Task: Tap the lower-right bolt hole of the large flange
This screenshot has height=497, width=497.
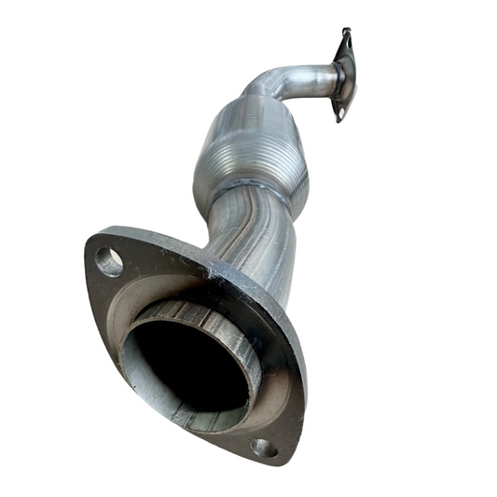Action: pyautogui.click(x=264, y=447)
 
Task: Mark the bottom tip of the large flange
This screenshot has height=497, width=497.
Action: pyautogui.click(x=280, y=462)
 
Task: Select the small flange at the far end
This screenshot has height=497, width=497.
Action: pyautogui.click(x=344, y=75)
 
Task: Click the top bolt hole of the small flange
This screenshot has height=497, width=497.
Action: pyautogui.click(x=347, y=39)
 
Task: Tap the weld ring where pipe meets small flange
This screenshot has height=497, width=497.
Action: pyautogui.click(x=334, y=78)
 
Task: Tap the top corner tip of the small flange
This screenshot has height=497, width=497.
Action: pyautogui.click(x=346, y=29)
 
